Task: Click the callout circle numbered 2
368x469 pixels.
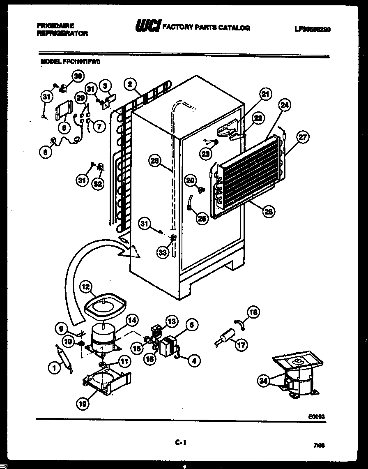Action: pyautogui.click(x=130, y=85)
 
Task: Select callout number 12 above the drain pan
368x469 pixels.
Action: pyautogui.click(x=87, y=286)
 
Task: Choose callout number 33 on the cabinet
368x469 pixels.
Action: pyautogui.click(x=163, y=253)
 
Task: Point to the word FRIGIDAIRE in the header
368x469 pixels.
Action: pyautogui.click(x=52, y=25)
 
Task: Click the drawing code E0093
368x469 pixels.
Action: pyautogui.click(x=317, y=416)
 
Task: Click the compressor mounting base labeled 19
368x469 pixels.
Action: pyautogui.click(x=108, y=382)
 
